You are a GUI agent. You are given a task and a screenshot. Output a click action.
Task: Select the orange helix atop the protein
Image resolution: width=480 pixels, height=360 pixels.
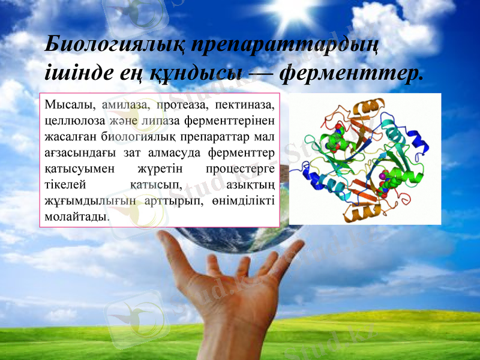coord(366,109)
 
